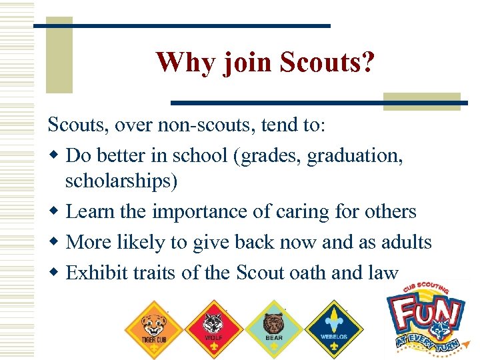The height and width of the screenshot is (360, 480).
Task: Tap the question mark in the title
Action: pos(367,63)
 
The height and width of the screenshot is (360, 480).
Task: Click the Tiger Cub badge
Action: pos(154,327)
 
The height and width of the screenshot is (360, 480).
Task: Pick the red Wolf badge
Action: pos(213,327)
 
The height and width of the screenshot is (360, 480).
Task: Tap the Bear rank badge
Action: pos(273,327)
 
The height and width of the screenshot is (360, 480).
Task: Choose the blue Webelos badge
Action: pos(333,327)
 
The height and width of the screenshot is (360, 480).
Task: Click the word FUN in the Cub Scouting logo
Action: pos(426,313)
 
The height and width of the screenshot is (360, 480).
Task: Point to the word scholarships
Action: pos(121,182)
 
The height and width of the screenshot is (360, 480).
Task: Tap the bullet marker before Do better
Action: pos(55,155)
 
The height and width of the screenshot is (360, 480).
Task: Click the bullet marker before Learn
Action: pos(55,212)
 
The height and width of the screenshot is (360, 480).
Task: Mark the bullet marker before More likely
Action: pos(55,242)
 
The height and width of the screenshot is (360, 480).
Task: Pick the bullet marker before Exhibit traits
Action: pos(55,272)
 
